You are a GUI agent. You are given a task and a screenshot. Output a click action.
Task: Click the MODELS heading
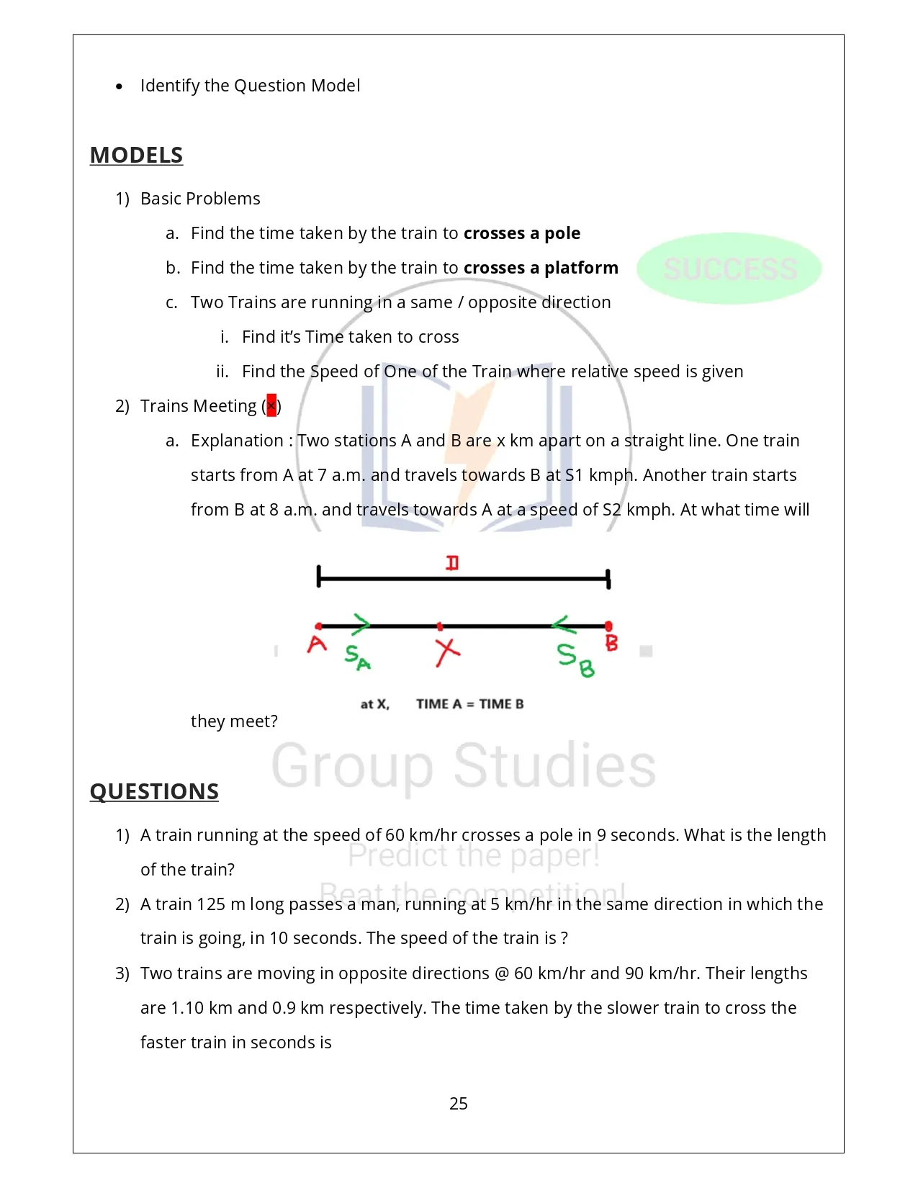click(136, 156)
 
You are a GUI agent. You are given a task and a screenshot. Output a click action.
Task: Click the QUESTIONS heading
click(154, 791)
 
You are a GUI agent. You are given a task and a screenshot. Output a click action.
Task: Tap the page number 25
click(458, 1104)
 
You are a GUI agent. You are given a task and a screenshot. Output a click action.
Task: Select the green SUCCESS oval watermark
click(729, 269)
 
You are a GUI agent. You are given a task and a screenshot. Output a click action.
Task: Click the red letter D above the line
click(452, 562)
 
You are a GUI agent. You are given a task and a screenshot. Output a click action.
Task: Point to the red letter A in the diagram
click(317, 644)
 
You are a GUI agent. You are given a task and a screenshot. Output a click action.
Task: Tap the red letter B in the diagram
click(611, 642)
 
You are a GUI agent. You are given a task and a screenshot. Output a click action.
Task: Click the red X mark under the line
click(447, 652)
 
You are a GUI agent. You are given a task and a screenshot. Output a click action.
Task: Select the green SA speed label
click(357, 657)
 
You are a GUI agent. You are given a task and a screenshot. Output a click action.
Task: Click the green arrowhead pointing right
click(361, 624)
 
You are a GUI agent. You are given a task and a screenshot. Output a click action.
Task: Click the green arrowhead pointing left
click(561, 624)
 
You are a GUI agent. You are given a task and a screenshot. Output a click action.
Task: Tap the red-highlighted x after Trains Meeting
click(271, 406)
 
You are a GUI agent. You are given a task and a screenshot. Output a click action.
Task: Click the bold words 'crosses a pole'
click(522, 233)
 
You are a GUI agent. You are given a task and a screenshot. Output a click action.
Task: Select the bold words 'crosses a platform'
click(541, 268)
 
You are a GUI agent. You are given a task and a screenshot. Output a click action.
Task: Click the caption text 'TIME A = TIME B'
click(469, 704)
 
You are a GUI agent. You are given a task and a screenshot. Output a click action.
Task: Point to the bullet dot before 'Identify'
click(119, 86)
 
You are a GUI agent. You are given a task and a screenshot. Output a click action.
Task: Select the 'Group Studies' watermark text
click(463, 765)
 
